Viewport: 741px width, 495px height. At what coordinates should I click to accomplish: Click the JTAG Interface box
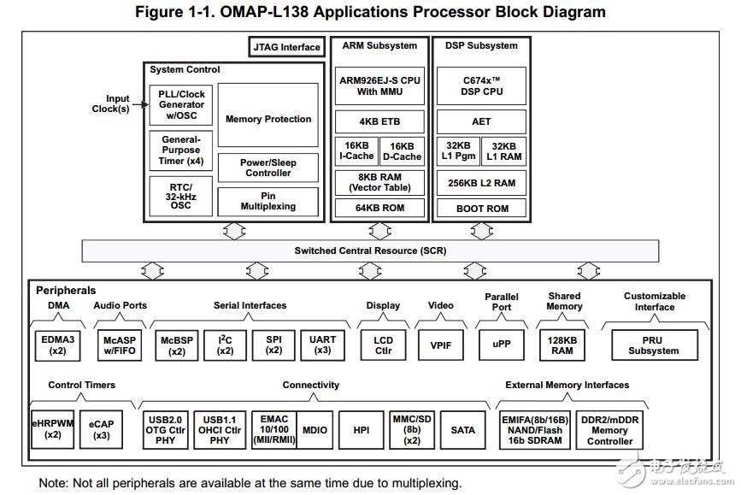pos(287,48)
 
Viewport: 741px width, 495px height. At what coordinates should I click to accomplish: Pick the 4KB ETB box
pos(379,121)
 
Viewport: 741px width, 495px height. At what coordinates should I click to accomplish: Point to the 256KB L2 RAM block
pos(482,182)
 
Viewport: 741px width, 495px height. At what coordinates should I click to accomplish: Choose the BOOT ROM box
pos(482,208)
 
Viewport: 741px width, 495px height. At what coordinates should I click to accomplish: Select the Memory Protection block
pos(268,119)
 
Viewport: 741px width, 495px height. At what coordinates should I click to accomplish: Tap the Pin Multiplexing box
pos(268,201)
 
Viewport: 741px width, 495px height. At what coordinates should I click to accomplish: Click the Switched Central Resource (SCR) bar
pos(370,250)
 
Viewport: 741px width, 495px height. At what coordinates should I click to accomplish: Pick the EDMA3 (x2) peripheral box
pos(58,345)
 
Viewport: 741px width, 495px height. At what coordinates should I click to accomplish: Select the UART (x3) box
pos(323,345)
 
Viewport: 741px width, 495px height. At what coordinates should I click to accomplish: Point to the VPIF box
pos(440,345)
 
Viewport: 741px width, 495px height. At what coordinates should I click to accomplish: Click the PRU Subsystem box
pos(654,345)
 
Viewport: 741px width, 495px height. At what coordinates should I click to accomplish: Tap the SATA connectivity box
pos(463,430)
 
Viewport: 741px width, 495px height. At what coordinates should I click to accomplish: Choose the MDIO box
pos(315,430)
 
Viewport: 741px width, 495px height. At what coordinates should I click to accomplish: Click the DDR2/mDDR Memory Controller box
pos(609,430)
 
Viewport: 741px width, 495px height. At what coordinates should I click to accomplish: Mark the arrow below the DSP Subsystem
pos(482,230)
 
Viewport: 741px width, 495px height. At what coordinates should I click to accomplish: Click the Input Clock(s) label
pos(112,103)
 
